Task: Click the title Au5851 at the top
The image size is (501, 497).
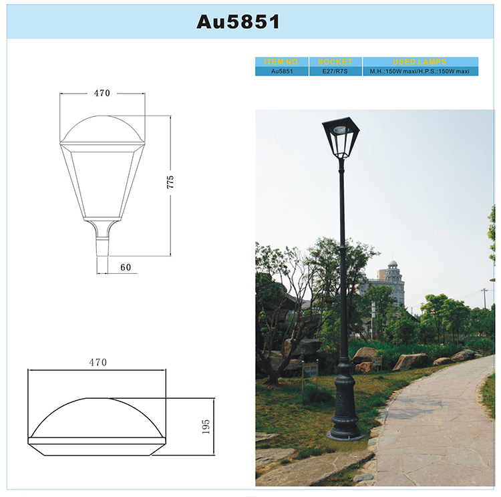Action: point(238,21)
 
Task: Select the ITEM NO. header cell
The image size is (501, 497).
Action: point(283,61)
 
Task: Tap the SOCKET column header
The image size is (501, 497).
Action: point(335,61)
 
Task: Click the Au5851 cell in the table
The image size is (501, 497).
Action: point(283,70)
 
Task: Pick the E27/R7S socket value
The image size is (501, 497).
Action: point(335,70)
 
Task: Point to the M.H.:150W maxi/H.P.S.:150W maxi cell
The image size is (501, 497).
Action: point(420,70)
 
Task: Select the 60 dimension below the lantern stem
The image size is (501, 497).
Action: point(125,268)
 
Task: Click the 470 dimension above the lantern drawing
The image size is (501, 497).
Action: point(102,94)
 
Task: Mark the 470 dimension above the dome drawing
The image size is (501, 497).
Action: point(97,363)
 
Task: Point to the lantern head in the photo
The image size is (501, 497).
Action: point(341,137)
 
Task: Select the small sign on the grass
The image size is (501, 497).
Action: point(310,371)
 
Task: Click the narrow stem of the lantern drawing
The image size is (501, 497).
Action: point(102,240)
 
